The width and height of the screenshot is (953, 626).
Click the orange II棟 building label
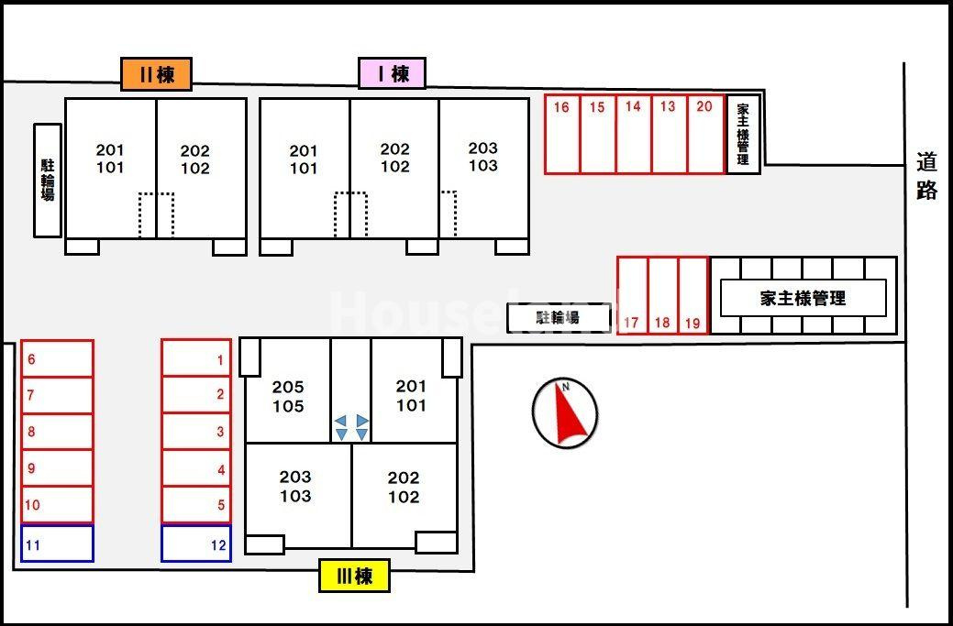click(x=156, y=74)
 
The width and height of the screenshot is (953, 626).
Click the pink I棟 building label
click(x=393, y=73)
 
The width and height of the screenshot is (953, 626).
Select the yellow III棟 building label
click(x=354, y=576)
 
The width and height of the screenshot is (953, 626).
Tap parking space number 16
click(x=562, y=134)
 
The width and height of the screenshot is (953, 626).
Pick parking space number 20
click(x=705, y=134)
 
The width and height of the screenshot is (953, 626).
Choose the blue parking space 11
click(x=57, y=543)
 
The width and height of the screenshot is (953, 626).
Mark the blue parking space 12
click(x=196, y=543)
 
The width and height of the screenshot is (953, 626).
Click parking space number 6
click(x=57, y=358)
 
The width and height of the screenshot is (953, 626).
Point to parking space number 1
click(x=196, y=358)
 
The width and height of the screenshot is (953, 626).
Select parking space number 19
click(x=693, y=295)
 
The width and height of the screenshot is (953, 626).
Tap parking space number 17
click(x=632, y=295)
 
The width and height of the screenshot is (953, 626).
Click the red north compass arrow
click(x=566, y=413)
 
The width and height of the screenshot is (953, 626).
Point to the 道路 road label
click(x=926, y=176)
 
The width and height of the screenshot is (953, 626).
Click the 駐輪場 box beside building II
click(x=48, y=180)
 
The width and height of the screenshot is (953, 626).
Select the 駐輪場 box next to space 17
click(x=559, y=317)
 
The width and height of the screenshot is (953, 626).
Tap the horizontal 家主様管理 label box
click(x=803, y=298)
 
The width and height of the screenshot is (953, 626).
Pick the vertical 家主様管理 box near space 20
click(x=743, y=134)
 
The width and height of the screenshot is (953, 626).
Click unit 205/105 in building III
click(x=288, y=396)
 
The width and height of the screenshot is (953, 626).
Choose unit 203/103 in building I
click(x=483, y=157)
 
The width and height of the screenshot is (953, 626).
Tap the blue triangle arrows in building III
click(x=352, y=427)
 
